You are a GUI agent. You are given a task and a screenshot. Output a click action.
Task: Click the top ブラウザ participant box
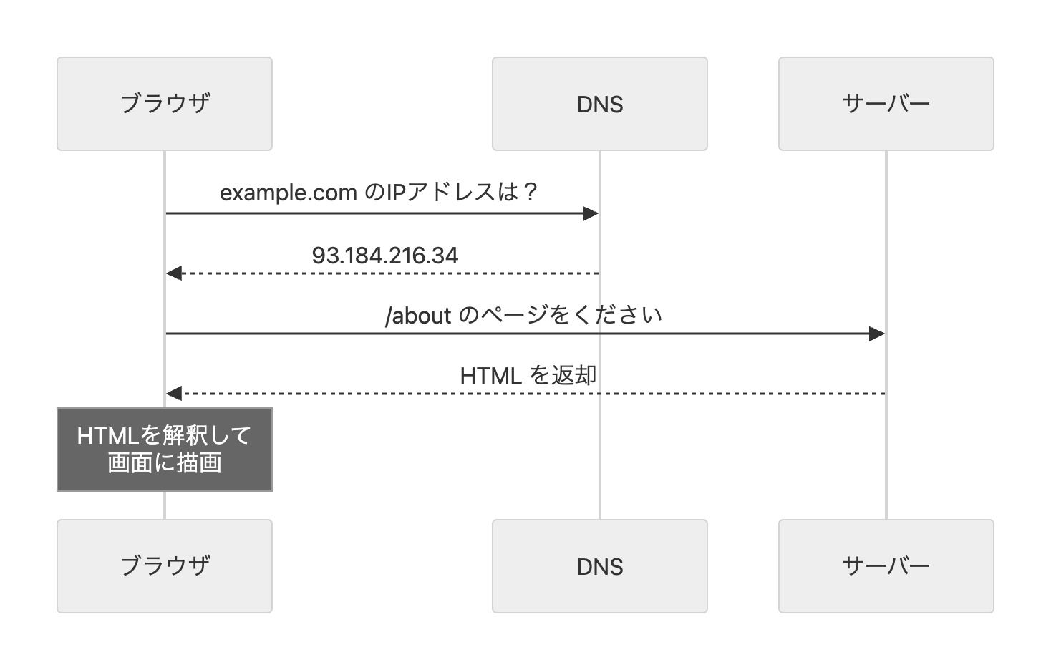(x=165, y=104)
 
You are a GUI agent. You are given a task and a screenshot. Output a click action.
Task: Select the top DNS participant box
(x=599, y=104)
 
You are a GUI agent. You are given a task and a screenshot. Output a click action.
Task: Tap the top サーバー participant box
(x=886, y=104)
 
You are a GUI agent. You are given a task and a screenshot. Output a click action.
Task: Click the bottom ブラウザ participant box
(x=165, y=566)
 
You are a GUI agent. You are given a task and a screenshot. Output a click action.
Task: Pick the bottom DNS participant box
(x=599, y=566)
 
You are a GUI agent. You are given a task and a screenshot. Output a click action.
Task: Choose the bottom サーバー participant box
(x=886, y=566)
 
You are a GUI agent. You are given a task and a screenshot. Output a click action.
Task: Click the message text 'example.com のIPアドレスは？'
(x=379, y=193)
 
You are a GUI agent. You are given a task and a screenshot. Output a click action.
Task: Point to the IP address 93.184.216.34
(x=384, y=256)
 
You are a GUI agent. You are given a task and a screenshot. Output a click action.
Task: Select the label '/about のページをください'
(x=523, y=315)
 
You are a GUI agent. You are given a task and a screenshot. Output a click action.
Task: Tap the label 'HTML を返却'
(x=528, y=375)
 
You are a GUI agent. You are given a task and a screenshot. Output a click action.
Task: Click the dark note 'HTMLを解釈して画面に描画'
(x=165, y=450)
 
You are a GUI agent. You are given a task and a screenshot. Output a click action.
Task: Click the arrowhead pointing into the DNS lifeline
(x=591, y=213)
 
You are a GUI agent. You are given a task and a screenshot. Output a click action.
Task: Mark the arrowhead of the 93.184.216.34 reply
(x=174, y=273)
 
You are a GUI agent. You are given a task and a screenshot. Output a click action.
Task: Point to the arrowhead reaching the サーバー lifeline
(x=877, y=334)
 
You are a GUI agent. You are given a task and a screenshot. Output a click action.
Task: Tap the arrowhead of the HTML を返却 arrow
(x=174, y=394)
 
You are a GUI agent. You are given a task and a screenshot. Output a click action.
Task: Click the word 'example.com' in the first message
(x=288, y=193)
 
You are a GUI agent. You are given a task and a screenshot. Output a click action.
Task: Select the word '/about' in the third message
(x=418, y=316)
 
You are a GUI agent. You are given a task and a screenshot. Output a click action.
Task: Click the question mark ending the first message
(x=530, y=192)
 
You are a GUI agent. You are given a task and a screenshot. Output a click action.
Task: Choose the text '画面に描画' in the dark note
(x=165, y=463)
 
